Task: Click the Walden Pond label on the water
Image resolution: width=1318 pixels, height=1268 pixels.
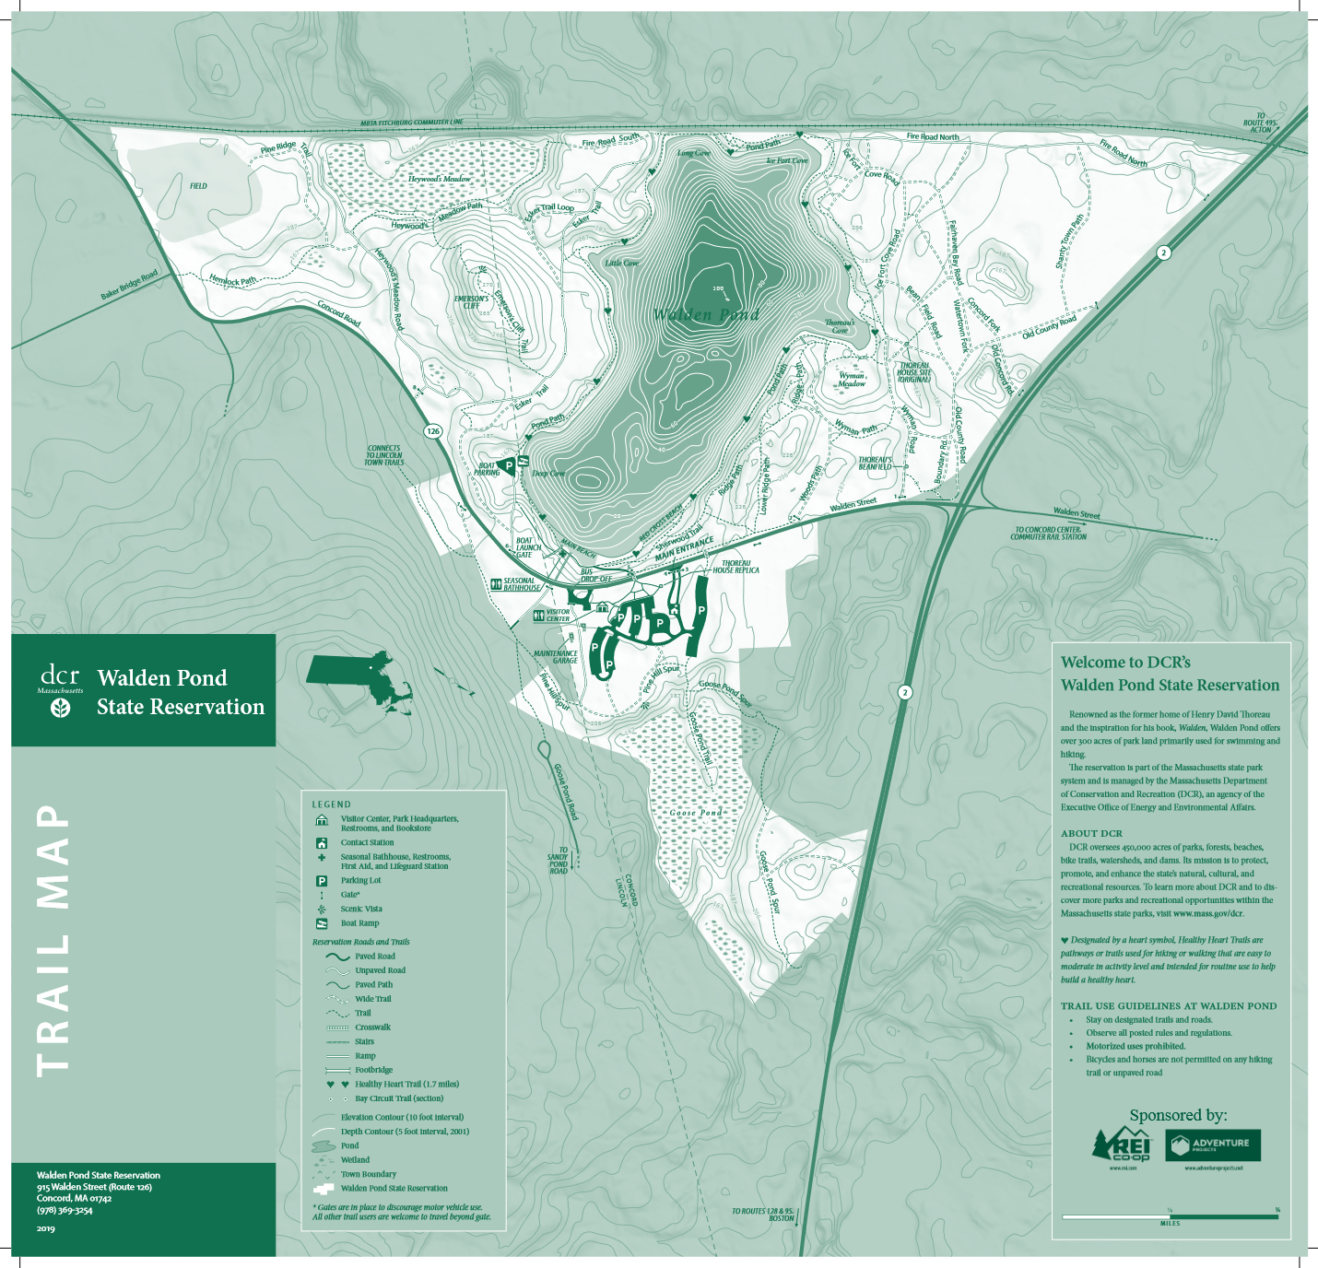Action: pyautogui.click(x=706, y=315)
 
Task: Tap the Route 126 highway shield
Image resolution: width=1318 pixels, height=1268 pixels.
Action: pyautogui.click(x=432, y=430)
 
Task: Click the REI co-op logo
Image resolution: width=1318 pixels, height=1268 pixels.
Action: pyautogui.click(x=1122, y=1145)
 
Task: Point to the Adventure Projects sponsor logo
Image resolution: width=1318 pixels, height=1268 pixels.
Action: pyautogui.click(x=1213, y=1145)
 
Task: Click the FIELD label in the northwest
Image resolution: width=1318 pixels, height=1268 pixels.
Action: pyautogui.click(x=198, y=186)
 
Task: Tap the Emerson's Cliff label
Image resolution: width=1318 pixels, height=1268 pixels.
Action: pyautogui.click(x=471, y=302)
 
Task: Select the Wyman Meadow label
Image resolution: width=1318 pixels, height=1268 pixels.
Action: pyautogui.click(x=851, y=380)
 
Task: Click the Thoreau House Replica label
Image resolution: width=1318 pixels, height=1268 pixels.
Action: pyautogui.click(x=735, y=567)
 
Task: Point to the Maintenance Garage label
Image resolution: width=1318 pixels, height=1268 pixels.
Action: pyautogui.click(x=556, y=657)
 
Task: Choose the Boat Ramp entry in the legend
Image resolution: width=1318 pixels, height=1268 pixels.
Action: pyautogui.click(x=359, y=923)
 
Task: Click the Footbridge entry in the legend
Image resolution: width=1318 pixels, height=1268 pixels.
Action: pyautogui.click(x=373, y=1070)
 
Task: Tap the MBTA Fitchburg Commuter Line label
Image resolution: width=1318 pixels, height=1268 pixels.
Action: pyautogui.click(x=411, y=123)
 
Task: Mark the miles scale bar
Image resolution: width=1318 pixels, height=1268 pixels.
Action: pyautogui.click(x=1170, y=1216)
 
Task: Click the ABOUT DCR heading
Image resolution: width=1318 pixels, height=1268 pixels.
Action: pyautogui.click(x=1091, y=833)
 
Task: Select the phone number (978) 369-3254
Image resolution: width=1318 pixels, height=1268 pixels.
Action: pyautogui.click(x=65, y=1210)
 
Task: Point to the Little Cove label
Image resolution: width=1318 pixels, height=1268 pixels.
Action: pyautogui.click(x=621, y=263)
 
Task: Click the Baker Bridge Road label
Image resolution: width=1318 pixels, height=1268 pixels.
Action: pyautogui.click(x=129, y=285)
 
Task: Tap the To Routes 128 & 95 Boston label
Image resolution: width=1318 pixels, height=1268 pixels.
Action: pyautogui.click(x=762, y=1215)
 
